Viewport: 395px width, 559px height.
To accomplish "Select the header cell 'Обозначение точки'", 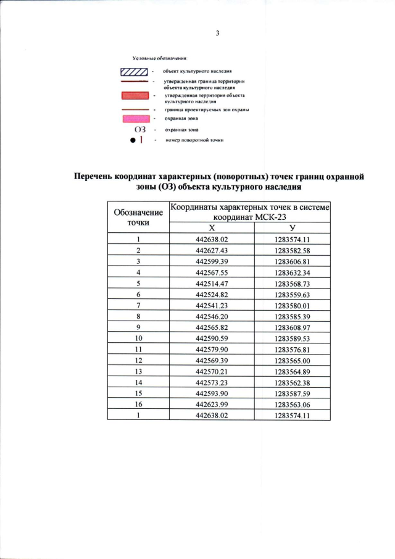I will pos(139,217).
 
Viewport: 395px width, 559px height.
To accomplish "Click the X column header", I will pos(212,229).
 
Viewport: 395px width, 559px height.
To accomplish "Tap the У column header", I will pos(293,229).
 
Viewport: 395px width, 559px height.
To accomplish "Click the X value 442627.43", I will pos(212,250).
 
